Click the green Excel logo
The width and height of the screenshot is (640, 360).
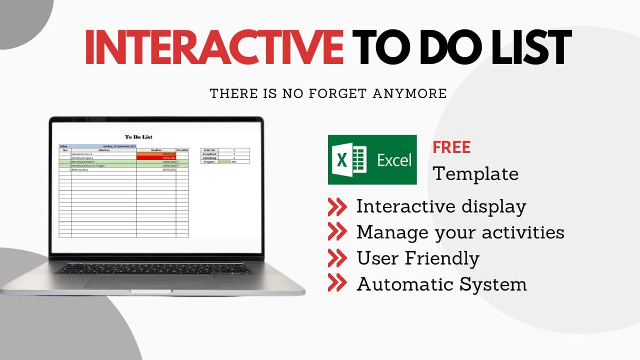click(x=372, y=159)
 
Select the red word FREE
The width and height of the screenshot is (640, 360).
click(x=451, y=147)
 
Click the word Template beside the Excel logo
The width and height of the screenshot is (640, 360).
click(x=475, y=174)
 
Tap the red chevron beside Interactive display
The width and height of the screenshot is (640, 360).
click(x=337, y=206)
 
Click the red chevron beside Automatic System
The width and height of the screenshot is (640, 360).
click(x=337, y=284)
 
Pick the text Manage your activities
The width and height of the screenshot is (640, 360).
click(x=460, y=233)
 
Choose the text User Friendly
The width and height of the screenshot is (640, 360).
click(x=418, y=258)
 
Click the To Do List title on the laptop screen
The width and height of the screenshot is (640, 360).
click(x=138, y=137)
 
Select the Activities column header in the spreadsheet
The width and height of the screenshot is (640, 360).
click(x=103, y=150)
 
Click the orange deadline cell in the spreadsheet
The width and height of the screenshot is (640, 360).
click(x=156, y=154)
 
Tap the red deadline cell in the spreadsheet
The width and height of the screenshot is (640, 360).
click(x=156, y=158)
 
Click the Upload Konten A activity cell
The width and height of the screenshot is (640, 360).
click(x=85, y=154)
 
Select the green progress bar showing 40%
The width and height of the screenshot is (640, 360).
click(x=224, y=162)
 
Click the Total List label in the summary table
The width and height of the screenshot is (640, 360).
click(x=209, y=150)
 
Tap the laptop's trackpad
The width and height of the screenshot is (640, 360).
click(x=152, y=282)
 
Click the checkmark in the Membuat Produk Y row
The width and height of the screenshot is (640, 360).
click(x=178, y=162)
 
